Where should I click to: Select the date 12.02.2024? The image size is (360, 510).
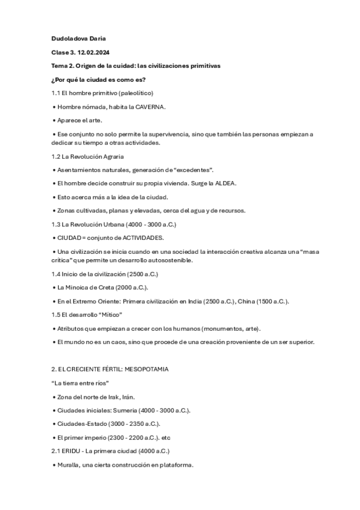(95, 52)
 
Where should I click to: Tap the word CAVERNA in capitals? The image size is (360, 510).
(150, 106)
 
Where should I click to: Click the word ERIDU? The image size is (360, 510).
(69, 450)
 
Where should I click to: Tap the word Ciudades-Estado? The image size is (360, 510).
(81, 423)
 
